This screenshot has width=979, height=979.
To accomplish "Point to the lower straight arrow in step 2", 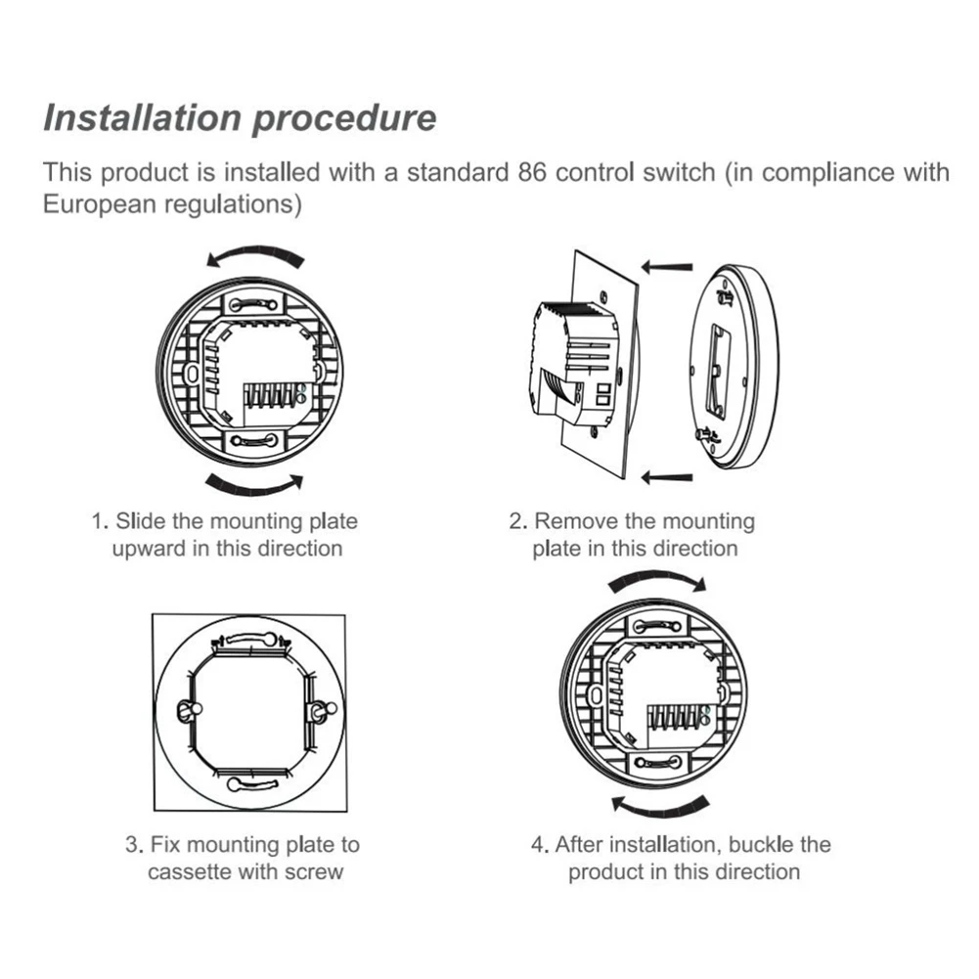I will point(671,477).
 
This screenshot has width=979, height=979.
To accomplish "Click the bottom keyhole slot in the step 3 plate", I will point(250,782).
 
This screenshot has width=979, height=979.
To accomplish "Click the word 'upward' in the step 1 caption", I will point(148,548).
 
